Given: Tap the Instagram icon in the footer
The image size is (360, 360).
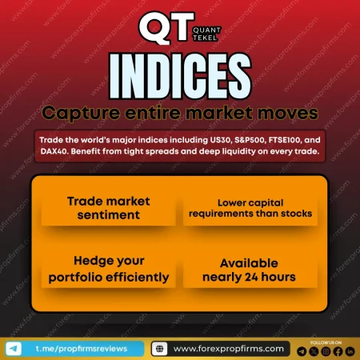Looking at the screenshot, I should (x=325, y=351).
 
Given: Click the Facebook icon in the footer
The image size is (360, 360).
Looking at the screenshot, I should (x=337, y=351).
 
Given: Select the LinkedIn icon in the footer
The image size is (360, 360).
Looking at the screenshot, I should (x=349, y=351).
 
